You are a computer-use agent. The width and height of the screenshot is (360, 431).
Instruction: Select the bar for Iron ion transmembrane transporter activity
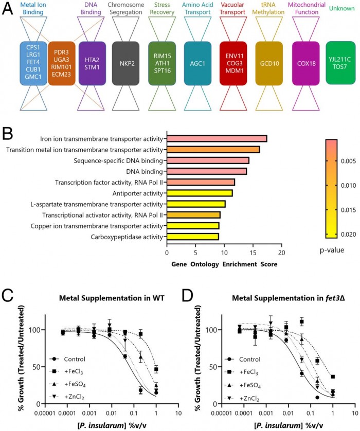point(217,139)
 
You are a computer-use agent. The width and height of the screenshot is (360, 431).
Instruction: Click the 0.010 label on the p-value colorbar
point(346,185)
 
